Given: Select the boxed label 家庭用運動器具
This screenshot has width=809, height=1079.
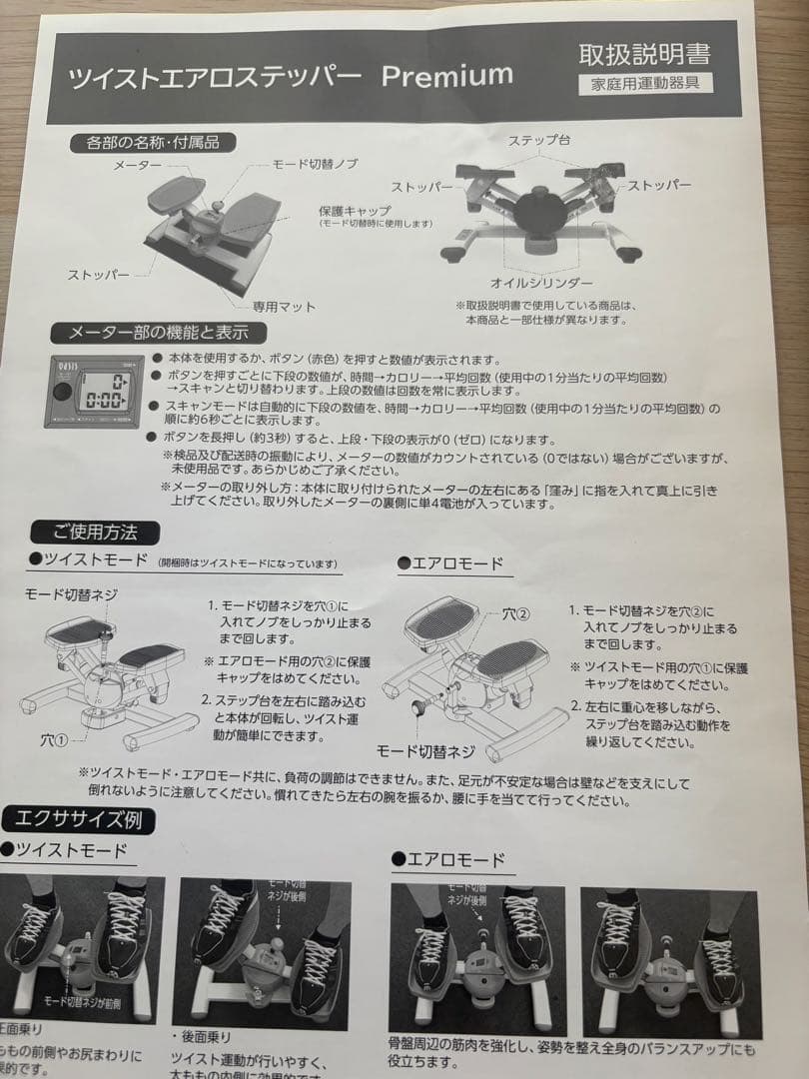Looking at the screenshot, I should pos(646,83).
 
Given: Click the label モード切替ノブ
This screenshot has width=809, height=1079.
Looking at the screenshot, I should pos(315,163).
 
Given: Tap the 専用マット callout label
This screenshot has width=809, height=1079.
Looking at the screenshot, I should pos(283,307).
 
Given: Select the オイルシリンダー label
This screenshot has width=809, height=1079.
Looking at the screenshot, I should pos(541,283).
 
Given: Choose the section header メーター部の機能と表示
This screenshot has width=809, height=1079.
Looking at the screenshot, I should pos(158,333).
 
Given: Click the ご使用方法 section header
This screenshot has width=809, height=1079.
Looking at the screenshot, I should pos(97,532).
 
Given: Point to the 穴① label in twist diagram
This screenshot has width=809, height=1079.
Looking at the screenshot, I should pos(54,741).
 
